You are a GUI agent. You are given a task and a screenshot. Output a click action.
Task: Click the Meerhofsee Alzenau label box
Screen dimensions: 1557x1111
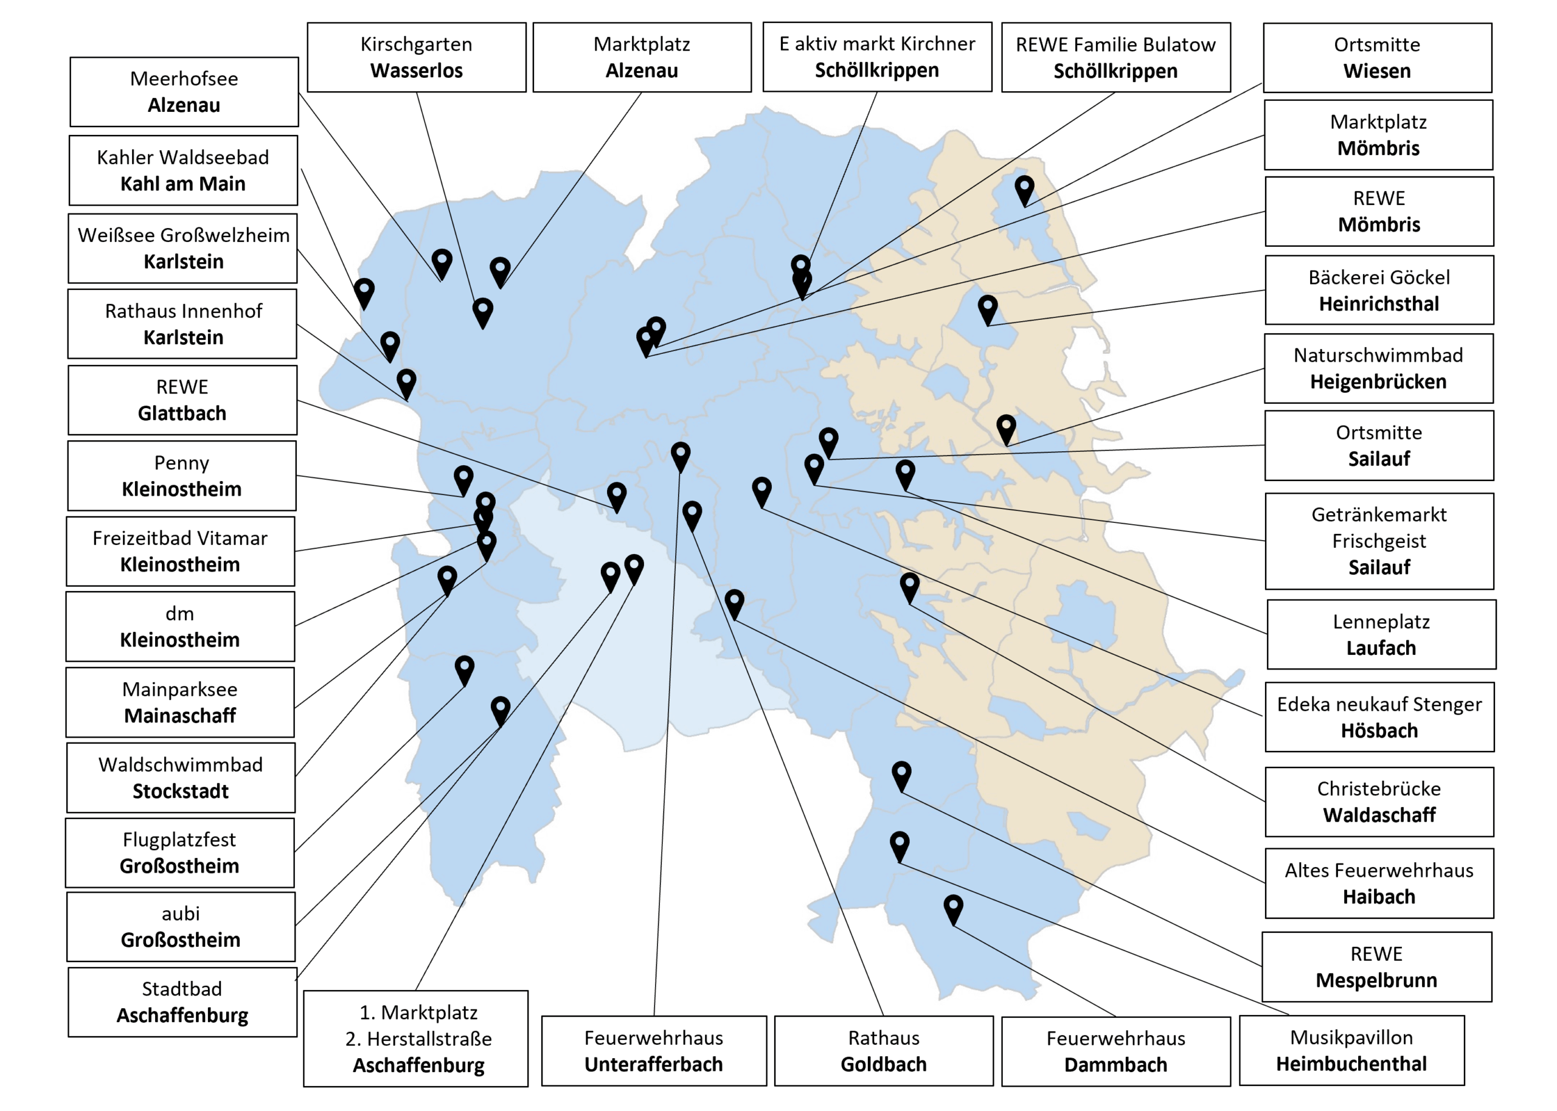click(184, 92)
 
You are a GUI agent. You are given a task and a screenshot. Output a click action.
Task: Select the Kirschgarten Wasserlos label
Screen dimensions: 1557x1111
click(417, 57)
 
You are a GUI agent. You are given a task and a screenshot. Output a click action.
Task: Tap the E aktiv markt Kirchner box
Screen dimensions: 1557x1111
click(877, 57)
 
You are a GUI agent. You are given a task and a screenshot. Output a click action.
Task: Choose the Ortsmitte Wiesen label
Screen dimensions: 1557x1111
click(1377, 57)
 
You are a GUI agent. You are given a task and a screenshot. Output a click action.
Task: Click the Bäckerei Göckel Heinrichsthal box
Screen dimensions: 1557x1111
click(1379, 290)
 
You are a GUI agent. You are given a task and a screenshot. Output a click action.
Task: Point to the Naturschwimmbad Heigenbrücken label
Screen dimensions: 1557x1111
click(1378, 368)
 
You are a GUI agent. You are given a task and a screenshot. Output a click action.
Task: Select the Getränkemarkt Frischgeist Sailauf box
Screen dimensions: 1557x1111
click(1379, 541)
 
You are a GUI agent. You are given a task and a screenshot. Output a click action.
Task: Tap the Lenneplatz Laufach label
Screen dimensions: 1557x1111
click(1381, 634)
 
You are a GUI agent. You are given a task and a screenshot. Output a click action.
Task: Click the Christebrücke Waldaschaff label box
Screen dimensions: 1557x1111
click(1379, 801)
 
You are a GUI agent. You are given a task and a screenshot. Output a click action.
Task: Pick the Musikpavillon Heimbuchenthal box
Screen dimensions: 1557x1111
click(1352, 1050)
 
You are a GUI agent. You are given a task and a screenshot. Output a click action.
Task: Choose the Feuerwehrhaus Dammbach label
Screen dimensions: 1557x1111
click(1116, 1051)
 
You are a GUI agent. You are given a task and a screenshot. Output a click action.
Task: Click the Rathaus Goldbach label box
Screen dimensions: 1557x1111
click(884, 1051)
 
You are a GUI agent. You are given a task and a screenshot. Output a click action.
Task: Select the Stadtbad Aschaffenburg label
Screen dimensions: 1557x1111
click(182, 1002)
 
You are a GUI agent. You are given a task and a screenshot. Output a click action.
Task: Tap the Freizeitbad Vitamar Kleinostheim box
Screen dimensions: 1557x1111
click(181, 551)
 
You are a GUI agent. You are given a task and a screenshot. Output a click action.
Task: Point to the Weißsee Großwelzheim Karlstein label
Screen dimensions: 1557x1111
click(182, 248)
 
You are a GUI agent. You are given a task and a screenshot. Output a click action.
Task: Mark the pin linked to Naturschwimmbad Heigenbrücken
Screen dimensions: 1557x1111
click(1005, 428)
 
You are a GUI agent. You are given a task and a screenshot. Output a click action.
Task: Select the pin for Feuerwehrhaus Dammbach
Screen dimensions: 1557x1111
click(953, 909)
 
